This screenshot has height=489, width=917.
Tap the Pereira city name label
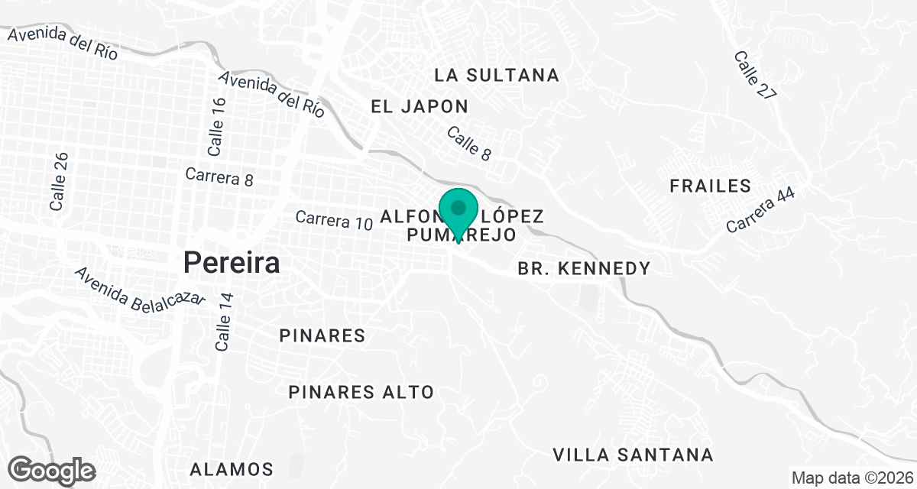click(231, 263)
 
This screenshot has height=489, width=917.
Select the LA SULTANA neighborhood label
click(497, 75)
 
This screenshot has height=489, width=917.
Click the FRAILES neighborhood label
click(710, 186)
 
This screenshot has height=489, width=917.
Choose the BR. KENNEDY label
click(584, 268)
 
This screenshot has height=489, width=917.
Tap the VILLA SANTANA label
click(633, 455)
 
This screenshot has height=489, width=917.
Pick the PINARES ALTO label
click(361, 392)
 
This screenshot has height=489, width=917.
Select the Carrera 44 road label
click(760, 211)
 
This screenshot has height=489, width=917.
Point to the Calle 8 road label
click(468, 143)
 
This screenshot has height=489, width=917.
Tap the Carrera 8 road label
click(219, 177)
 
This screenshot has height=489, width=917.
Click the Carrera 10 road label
click(334, 220)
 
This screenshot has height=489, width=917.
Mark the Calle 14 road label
click(223, 321)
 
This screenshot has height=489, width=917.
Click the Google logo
click(53, 469)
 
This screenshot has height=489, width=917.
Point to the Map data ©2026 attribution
click(851, 478)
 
